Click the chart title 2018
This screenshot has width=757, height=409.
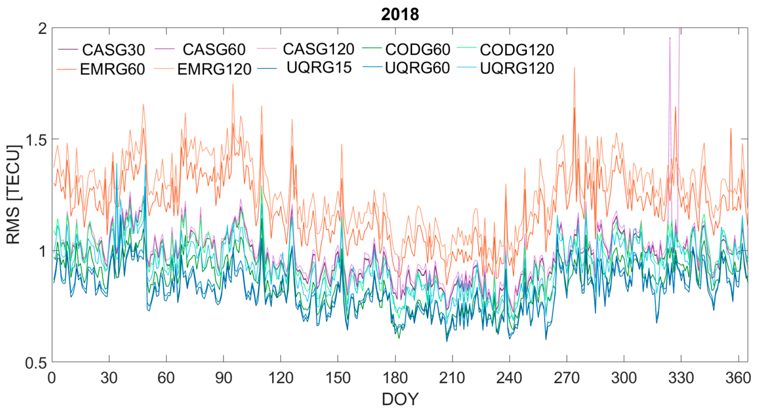400,14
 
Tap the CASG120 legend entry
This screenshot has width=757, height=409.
318,49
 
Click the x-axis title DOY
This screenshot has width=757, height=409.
400,399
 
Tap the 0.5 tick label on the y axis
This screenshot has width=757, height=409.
36,363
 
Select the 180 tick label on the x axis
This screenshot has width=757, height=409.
395,378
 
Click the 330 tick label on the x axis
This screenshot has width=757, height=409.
681,378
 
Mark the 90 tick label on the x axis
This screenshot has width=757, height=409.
224,378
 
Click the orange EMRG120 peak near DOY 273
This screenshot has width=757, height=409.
574,68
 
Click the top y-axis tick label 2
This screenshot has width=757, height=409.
43,29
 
